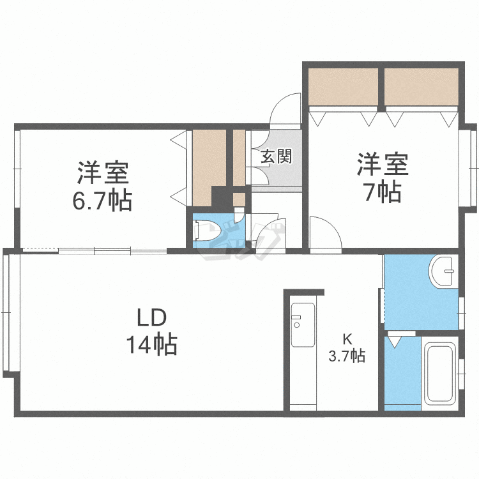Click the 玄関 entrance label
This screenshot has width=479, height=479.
point(276,156)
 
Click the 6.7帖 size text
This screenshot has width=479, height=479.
point(102,201)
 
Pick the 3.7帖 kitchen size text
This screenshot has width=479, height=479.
point(347,356)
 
